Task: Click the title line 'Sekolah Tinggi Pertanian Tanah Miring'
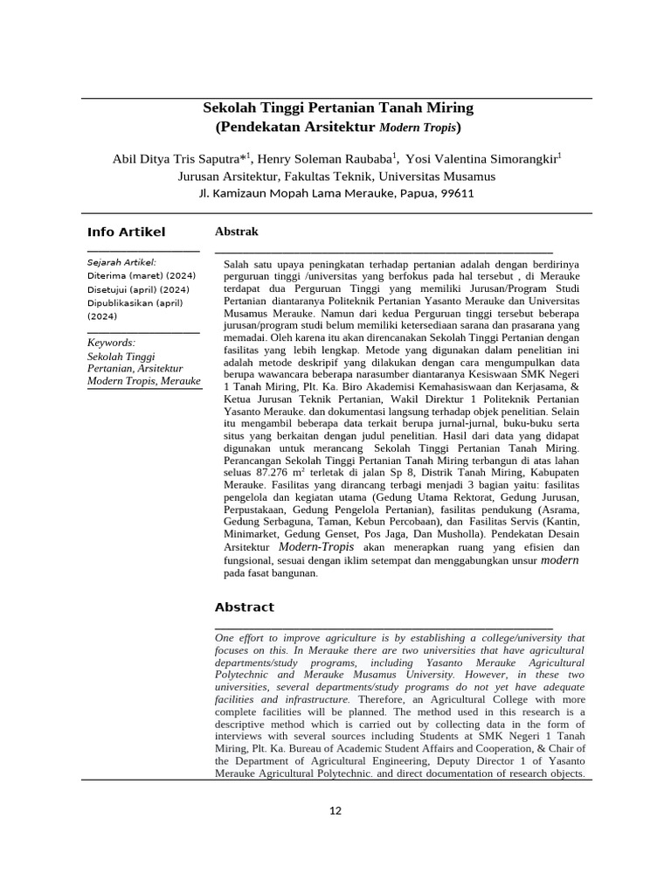click(337, 108)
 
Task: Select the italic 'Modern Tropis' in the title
click(417, 128)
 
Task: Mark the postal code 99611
click(456, 193)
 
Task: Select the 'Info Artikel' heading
click(126, 232)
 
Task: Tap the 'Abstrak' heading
click(236, 232)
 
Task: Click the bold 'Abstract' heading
click(244, 607)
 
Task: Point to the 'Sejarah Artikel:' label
click(121, 262)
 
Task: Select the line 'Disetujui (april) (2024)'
click(138, 289)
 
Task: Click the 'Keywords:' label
click(111, 343)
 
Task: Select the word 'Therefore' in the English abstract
click(381, 699)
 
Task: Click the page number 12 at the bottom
click(335, 810)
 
